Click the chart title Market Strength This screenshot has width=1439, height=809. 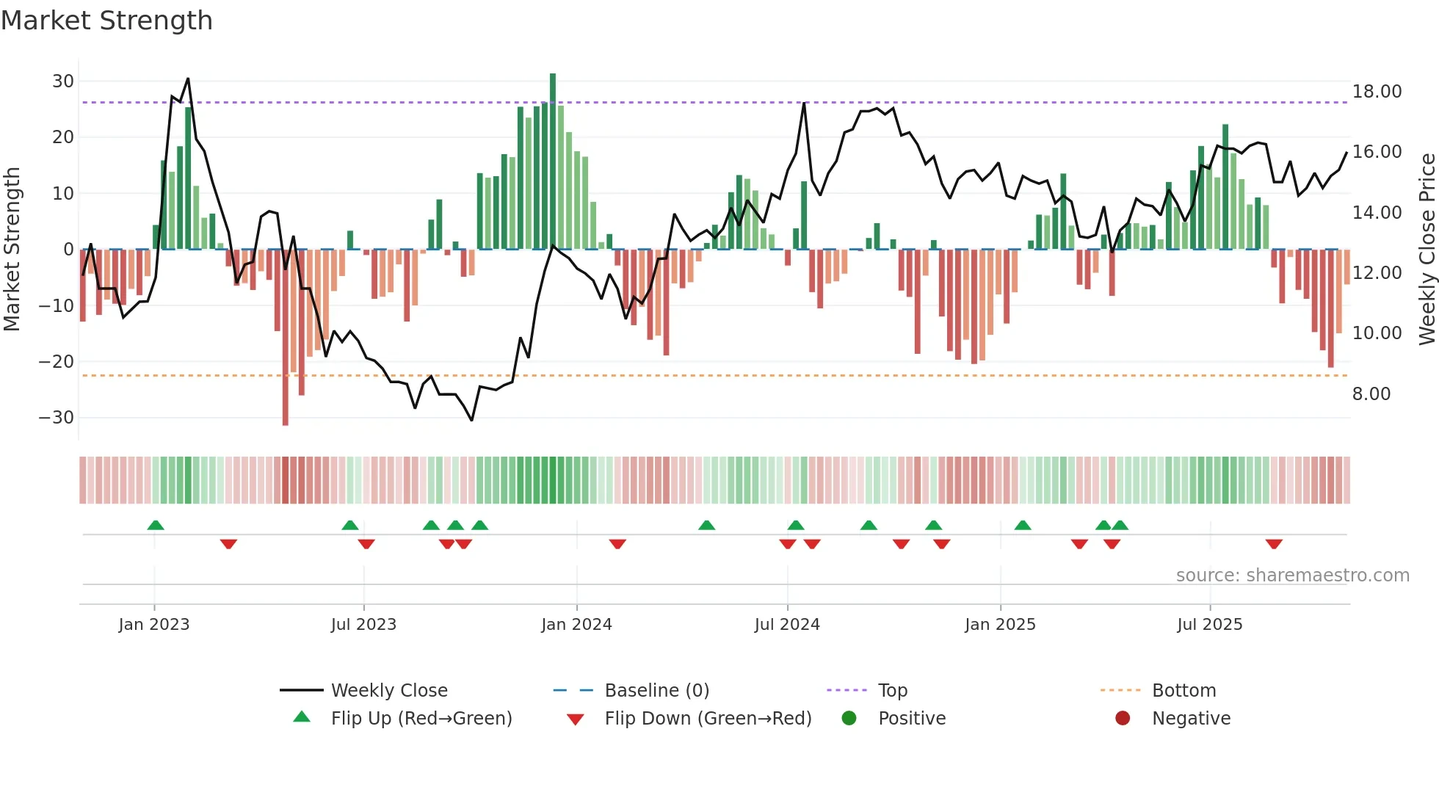(x=106, y=21)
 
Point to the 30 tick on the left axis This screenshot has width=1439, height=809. (x=63, y=81)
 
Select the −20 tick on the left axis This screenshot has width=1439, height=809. (x=57, y=361)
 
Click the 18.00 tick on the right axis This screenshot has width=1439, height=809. (x=1377, y=92)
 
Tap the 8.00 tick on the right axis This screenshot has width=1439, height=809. (x=1371, y=394)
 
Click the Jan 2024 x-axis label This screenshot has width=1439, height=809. (x=576, y=625)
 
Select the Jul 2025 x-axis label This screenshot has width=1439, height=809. (x=1209, y=625)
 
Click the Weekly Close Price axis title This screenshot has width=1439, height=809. (x=1427, y=249)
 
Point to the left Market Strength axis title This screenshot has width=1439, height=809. (x=12, y=249)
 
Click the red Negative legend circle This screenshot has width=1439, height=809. (x=1122, y=718)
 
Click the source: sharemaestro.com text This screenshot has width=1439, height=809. (x=1292, y=576)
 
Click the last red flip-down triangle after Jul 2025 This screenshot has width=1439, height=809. (x=1274, y=544)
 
